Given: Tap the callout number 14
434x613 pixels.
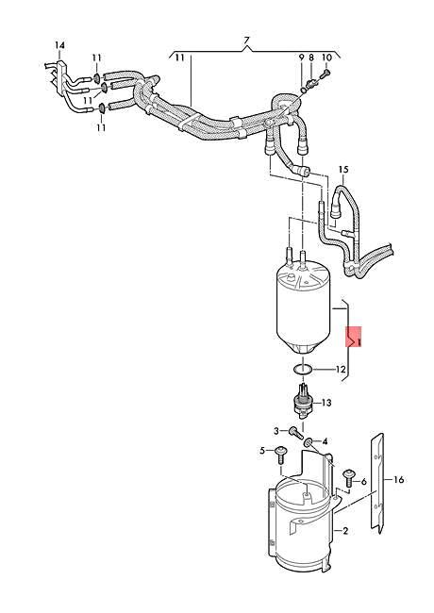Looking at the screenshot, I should pos(59,46).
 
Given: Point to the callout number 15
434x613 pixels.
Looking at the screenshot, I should pos(343,170).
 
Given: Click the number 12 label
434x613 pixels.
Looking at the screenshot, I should pos(342,370).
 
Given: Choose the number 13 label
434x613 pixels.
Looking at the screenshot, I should pos(326,404).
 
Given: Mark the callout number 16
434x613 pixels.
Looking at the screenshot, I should pos(398,480).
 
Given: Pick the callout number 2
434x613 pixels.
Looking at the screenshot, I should pos(345,532).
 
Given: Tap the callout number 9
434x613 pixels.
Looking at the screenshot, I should pos(302,58).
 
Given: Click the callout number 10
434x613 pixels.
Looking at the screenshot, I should pos(326,58).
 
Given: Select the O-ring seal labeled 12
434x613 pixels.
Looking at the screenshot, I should pos(300,369).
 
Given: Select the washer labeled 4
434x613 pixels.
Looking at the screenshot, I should pos(309,442).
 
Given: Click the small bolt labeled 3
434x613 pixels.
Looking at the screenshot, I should pos(293,435).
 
